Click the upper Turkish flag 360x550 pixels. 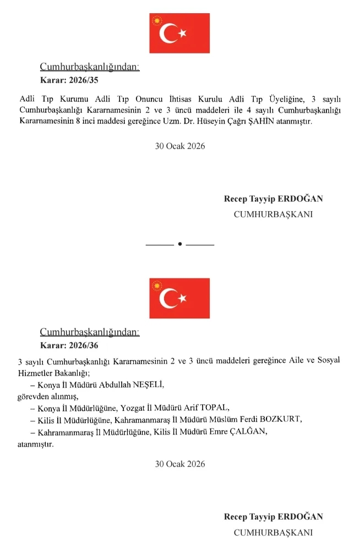(179, 34)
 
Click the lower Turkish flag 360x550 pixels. (179, 298)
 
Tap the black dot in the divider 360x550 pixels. (180, 244)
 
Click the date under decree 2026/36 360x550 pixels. (180, 464)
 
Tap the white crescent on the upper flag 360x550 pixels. (168, 34)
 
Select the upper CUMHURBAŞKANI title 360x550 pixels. (273, 215)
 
